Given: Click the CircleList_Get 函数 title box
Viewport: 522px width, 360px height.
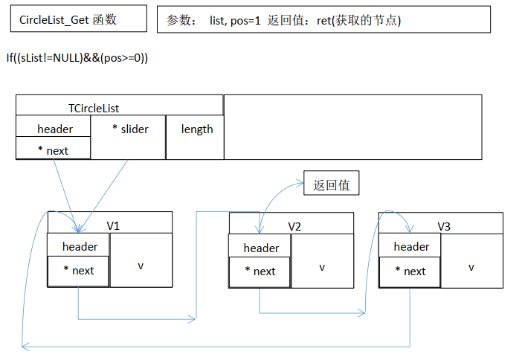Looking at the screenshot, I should (x=78, y=20).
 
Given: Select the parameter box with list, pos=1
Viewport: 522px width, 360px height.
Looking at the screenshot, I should (x=323, y=20).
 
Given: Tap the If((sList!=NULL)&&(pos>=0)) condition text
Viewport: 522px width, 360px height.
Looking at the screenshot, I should (x=77, y=57).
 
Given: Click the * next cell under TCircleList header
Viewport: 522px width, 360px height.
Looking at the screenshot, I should (x=53, y=150).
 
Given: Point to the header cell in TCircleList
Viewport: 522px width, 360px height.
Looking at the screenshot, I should (x=54, y=129).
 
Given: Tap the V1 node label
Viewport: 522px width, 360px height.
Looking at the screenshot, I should (x=113, y=225).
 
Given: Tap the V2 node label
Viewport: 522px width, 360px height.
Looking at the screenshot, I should (x=294, y=225).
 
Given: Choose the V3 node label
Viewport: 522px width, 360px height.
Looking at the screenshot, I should (x=444, y=225).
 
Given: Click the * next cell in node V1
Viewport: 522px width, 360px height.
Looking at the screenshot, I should (x=78, y=271).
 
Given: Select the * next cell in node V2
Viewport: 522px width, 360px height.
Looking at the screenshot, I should (x=260, y=271).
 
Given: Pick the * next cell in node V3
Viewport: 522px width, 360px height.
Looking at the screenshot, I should (x=410, y=271).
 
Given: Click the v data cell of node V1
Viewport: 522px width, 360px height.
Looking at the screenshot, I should (x=141, y=266).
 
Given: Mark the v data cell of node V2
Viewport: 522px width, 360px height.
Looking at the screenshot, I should (x=322, y=266).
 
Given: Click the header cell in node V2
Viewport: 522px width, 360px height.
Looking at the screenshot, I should (x=261, y=248).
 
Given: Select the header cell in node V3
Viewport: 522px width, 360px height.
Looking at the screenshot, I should (x=411, y=246).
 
